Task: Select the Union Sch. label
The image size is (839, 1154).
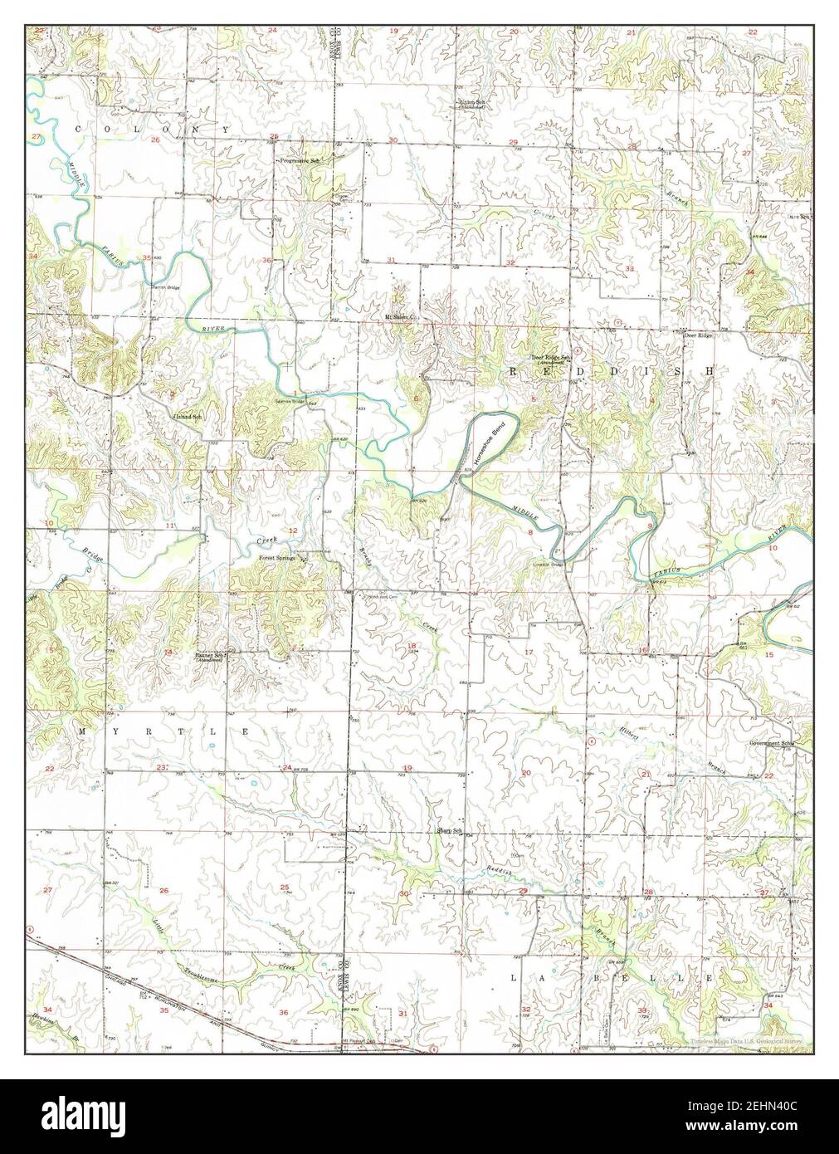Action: click(x=473, y=104)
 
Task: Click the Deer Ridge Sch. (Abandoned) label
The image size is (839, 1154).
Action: click(x=549, y=361)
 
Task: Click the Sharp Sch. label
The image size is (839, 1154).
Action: click(x=449, y=831)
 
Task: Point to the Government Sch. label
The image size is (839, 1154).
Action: click(x=771, y=743)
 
